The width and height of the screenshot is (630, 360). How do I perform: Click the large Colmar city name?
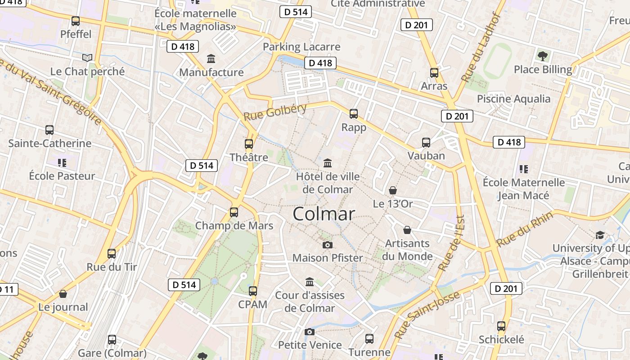tap(324, 214)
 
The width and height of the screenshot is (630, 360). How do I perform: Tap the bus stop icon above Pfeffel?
tap(76, 21)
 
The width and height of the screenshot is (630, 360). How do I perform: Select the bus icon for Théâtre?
tap(249, 144)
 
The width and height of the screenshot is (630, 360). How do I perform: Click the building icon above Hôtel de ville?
tap(328, 162)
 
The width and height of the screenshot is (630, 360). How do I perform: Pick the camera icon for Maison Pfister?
tap(328, 245)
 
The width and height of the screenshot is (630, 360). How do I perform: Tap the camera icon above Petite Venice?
tap(310, 332)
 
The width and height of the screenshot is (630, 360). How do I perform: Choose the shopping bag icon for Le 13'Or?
tap(393, 190)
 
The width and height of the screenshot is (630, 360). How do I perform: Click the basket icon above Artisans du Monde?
tap(407, 230)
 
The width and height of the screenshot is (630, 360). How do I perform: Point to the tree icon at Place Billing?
tap(543, 56)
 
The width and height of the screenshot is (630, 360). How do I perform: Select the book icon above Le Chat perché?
tap(87, 58)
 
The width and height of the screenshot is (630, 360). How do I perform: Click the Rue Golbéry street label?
tap(275, 111)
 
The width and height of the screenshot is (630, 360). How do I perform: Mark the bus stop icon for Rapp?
tap(354, 113)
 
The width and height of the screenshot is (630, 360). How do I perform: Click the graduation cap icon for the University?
tap(600, 235)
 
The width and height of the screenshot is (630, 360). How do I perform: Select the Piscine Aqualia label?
tap(513, 99)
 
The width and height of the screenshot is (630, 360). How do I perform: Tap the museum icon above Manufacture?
tap(211, 59)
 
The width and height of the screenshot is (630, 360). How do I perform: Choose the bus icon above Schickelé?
tap(501, 326)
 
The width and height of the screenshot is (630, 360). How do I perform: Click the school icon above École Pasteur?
tap(62, 162)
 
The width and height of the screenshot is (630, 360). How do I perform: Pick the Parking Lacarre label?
tap(301, 47)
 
